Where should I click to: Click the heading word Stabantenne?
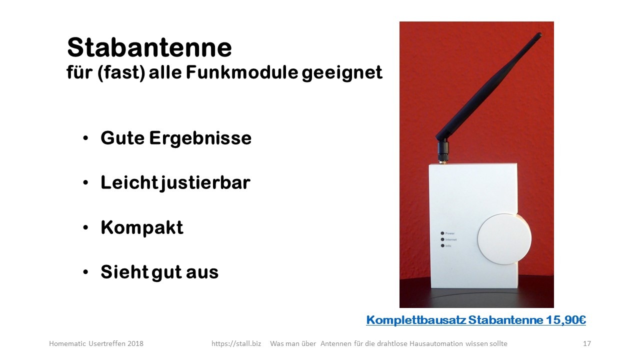pos(149,47)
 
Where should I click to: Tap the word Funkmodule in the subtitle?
pos(242,72)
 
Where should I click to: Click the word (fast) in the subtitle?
pos(121,73)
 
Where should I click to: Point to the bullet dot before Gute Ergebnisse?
pos(85,138)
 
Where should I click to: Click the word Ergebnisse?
pos(200,138)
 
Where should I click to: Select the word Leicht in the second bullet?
pos(129,182)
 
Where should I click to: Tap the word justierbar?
pos(205,183)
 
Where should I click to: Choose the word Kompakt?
pos(142,227)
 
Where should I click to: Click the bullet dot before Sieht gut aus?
pos(85,272)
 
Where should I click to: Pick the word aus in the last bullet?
pos(202,273)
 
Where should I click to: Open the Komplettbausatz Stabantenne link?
pos(476,320)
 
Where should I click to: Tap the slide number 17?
pos(587,343)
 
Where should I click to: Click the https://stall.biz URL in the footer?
pos(236,343)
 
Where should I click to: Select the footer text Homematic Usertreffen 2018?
pos(96,343)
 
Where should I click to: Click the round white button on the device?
pos(504,239)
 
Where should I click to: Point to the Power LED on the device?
pos(442,233)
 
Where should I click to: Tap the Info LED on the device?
pos(442,245)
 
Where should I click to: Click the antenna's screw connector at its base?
pos(443,153)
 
